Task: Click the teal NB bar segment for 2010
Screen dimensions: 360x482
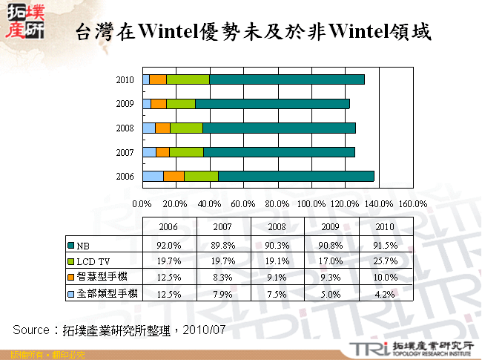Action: coord(286,79)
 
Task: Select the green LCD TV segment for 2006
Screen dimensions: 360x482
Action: coord(201,176)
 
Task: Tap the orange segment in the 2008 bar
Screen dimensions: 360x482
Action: coord(162,128)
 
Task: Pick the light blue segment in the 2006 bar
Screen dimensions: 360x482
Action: coord(153,176)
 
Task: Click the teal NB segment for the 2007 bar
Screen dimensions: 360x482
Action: coord(279,152)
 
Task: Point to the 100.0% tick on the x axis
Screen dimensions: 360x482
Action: coord(311,203)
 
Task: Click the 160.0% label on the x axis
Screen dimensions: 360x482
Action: coord(413,203)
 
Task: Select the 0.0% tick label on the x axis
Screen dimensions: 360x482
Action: coord(142,203)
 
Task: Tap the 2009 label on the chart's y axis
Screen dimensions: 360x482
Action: coord(125,104)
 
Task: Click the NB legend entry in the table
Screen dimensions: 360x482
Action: coord(82,245)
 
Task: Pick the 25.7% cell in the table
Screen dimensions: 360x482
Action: coord(386,261)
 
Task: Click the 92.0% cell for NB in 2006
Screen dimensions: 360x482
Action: coord(169,245)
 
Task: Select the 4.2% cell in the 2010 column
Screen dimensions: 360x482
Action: coord(386,293)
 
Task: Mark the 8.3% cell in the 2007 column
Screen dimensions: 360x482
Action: coord(223,277)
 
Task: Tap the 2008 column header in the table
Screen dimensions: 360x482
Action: coord(277,226)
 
